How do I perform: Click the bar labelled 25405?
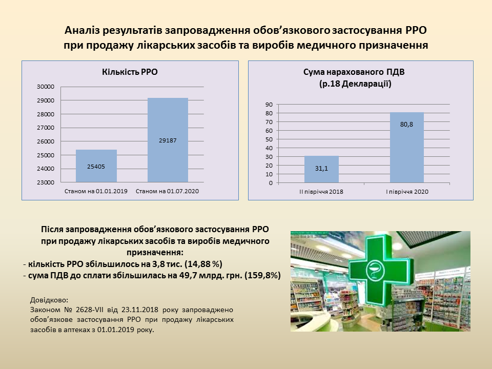pos(96,166)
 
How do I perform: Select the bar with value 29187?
pos(168,140)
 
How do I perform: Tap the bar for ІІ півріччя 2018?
pos(322,169)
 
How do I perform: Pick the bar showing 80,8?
pos(406,148)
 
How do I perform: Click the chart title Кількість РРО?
pos(130,72)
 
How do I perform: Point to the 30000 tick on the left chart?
pos(46,87)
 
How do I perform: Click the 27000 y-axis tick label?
pos(46,128)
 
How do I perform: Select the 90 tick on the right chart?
pos(269,105)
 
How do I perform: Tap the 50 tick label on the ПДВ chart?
pos(269,139)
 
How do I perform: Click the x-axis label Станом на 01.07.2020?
pos(167,191)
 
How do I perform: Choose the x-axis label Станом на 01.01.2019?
pos(96,191)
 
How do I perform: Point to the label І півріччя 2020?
pos(407,192)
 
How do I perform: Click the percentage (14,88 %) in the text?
pos(203,264)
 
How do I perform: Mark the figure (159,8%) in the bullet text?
pos(262,276)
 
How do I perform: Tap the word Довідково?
pos(49,300)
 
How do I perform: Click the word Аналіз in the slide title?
pos(81,30)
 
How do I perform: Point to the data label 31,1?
pos(321,169)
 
